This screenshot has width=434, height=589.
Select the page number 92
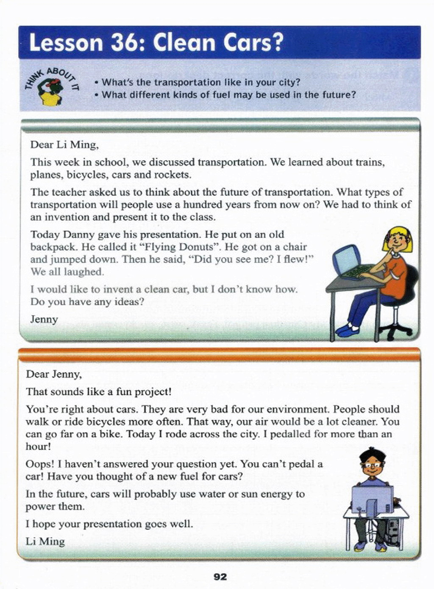(220, 576)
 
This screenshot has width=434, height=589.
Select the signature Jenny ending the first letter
(44, 319)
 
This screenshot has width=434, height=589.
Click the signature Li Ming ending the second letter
(45, 541)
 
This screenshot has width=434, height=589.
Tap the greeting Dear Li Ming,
(64, 144)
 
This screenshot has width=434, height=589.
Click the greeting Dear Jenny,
(54, 374)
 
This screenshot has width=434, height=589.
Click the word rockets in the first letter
(172, 175)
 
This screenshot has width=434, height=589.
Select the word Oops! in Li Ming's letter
(39, 464)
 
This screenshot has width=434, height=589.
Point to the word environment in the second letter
(294, 409)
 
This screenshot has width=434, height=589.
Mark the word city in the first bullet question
(288, 82)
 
